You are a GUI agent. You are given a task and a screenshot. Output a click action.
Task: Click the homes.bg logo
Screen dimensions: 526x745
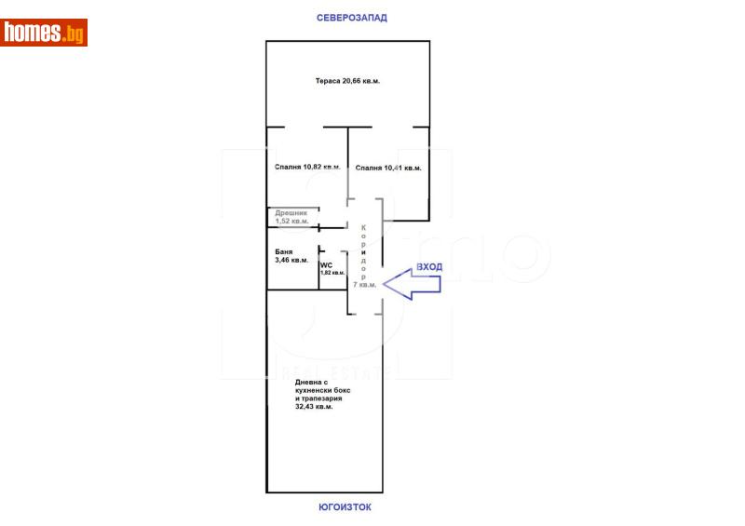(44, 34)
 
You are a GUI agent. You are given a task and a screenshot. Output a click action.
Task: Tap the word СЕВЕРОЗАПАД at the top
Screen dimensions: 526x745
(351, 17)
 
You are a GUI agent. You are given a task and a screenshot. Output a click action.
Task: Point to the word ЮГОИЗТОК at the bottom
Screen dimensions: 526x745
(345, 507)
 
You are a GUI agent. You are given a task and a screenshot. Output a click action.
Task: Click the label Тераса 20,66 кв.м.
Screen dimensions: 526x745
(346, 81)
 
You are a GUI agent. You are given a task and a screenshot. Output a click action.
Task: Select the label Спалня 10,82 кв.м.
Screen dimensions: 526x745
(307, 168)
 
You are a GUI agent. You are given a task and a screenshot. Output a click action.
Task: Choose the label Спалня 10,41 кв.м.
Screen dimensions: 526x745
(388, 168)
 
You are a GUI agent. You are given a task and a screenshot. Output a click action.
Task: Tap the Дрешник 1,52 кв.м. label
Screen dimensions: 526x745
(291, 217)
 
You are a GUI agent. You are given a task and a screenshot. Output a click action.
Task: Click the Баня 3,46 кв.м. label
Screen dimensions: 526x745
(291, 256)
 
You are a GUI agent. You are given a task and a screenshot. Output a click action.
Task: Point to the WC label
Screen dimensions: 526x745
(326, 264)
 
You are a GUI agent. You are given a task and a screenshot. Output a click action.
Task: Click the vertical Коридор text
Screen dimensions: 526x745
(364, 252)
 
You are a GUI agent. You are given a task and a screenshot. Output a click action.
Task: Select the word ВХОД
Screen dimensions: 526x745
(429, 266)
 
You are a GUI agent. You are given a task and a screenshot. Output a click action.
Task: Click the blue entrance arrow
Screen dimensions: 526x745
(410, 284)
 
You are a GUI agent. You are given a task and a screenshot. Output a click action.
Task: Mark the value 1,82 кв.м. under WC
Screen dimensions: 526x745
(332, 273)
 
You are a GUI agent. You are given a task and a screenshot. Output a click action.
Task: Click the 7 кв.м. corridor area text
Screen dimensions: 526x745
(364, 285)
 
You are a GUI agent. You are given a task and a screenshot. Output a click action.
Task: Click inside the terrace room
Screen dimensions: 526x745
(347, 102)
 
